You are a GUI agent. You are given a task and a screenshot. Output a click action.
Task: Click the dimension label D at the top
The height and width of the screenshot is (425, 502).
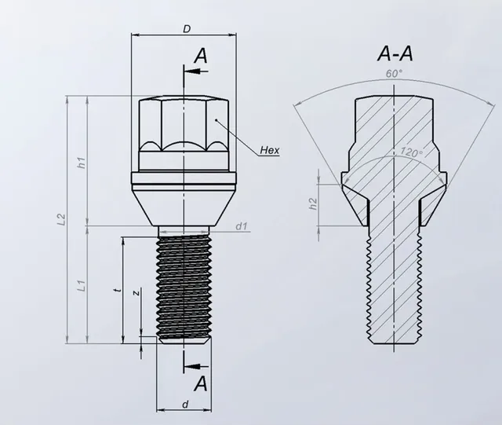(186, 29)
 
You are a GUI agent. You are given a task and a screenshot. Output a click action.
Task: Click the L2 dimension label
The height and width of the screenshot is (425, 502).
(61, 221)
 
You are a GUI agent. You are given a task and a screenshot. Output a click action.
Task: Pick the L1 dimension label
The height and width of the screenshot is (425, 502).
(81, 287)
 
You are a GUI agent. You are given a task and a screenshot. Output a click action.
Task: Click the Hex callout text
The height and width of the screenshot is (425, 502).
(267, 149)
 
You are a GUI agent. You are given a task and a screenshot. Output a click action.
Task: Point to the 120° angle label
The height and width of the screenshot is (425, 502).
(410, 152)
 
